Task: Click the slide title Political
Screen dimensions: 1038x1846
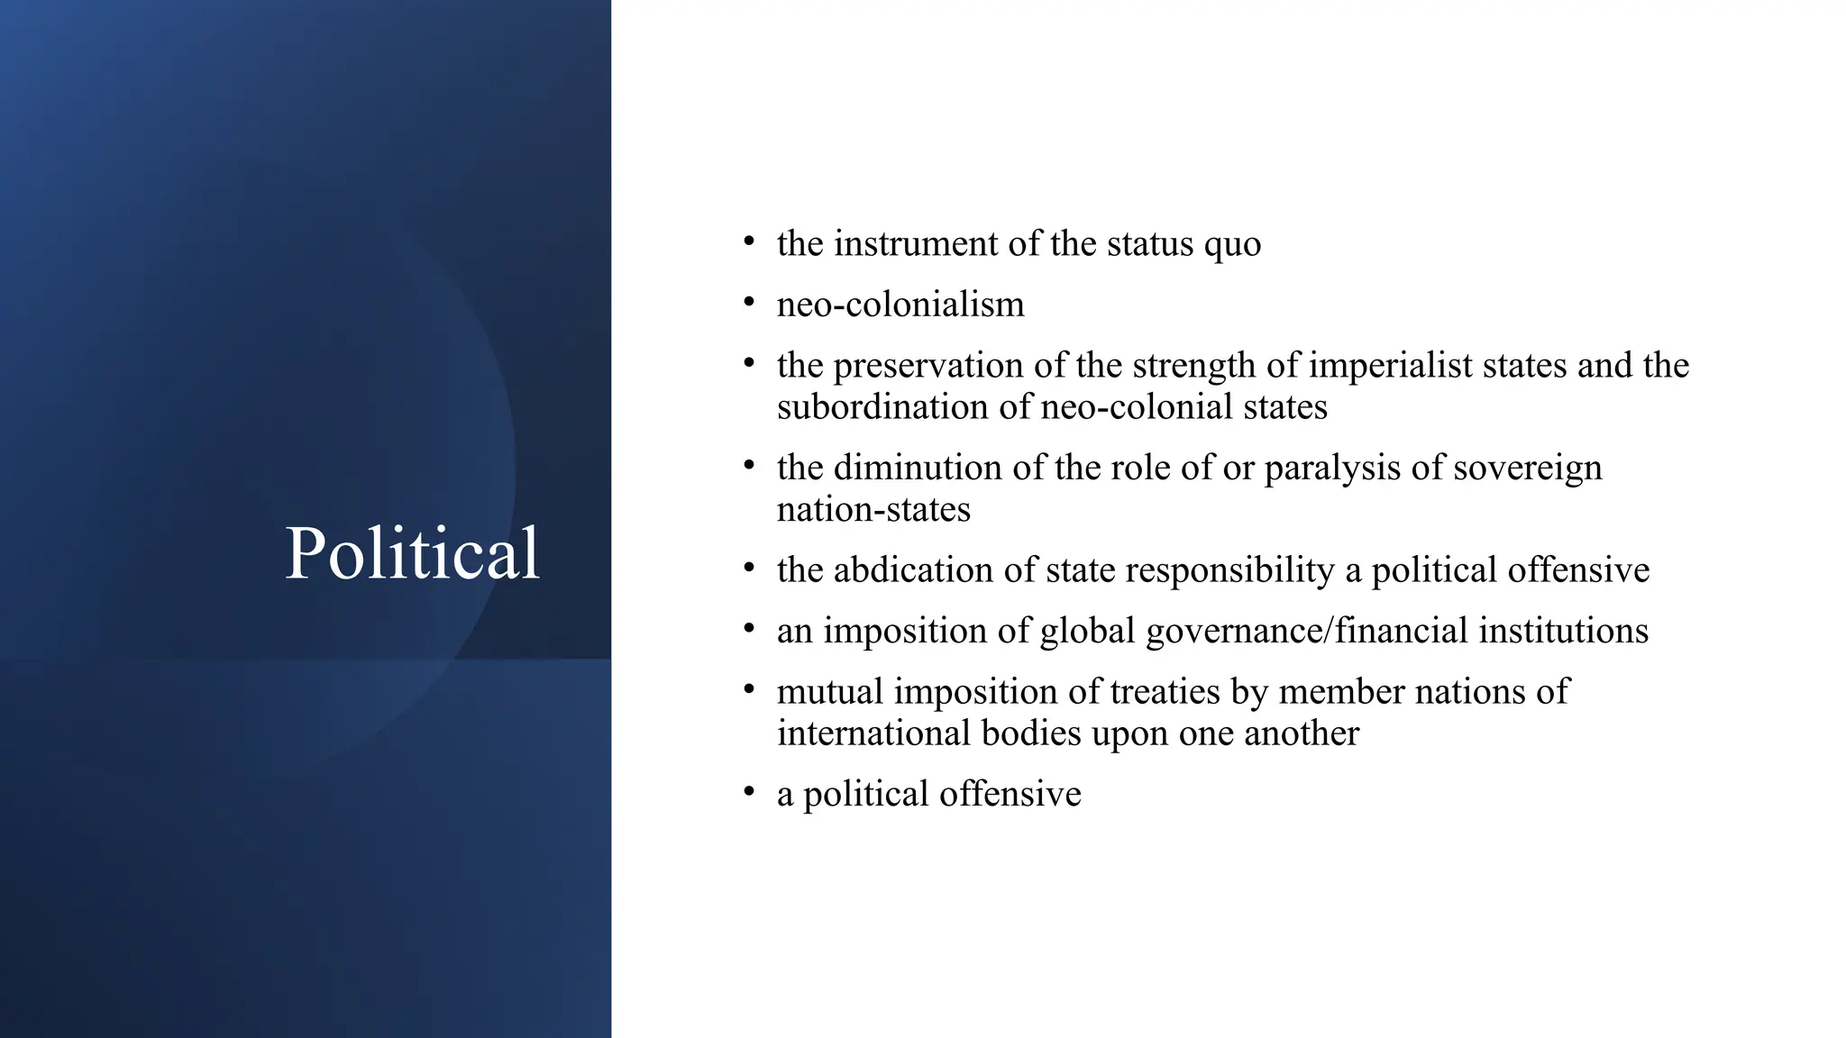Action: (x=412, y=552)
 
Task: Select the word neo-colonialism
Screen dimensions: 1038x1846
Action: (x=900, y=305)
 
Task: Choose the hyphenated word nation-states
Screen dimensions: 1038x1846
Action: (x=873, y=510)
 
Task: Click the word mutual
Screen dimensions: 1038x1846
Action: (x=829, y=692)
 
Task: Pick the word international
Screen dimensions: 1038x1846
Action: (x=873, y=733)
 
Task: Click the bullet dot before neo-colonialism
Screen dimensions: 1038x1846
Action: (x=748, y=303)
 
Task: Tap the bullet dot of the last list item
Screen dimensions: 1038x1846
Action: (x=748, y=792)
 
